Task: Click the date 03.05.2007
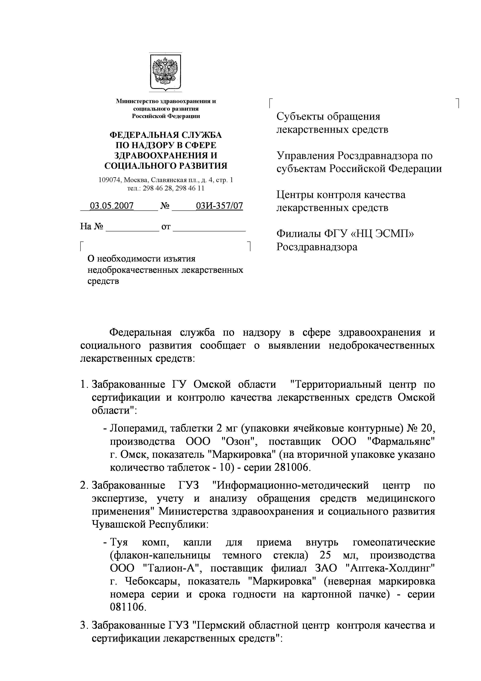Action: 112,206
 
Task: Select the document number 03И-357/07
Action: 219,206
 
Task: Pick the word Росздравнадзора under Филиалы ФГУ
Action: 317,247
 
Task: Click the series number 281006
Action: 292,467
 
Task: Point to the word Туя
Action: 119,542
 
